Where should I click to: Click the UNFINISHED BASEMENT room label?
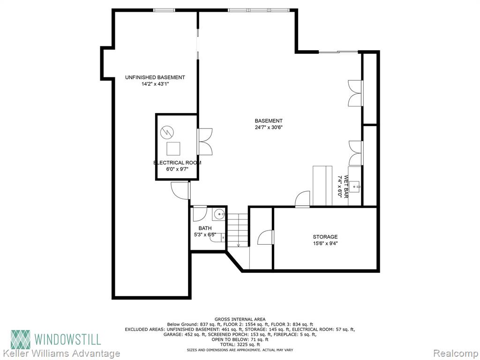(155, 77)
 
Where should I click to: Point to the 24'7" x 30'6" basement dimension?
(269, 127)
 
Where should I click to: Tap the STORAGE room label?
(325, 237)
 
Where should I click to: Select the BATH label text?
(205, 228)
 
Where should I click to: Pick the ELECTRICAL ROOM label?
(177, 163)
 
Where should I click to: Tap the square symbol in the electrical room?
(173, 149)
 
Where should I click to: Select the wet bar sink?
(355, 186)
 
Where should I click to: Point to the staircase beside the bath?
(238, 230)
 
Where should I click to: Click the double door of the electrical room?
(205, 142)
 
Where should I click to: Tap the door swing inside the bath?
(200, 214)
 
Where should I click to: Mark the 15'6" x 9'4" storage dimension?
(325, 244)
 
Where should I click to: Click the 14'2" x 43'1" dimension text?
(155, 84)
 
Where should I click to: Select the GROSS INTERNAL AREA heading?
(240, 319)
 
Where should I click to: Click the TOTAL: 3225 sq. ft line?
(240, 345)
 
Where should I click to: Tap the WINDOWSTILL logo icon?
(21, 339)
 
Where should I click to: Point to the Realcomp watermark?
(456, 353)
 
